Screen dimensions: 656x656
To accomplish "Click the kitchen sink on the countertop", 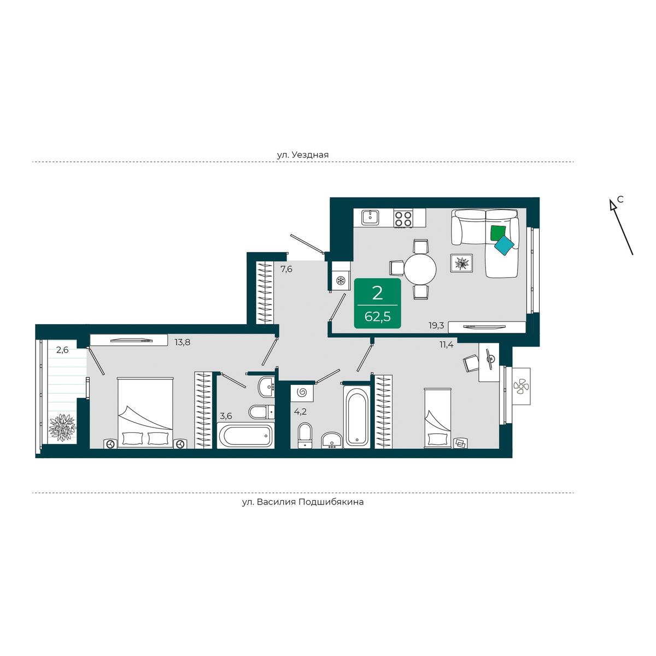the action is tap(370, 217).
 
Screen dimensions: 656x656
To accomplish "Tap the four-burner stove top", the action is tap(403, 218).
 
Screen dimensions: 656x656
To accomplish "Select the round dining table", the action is tap(420, 270).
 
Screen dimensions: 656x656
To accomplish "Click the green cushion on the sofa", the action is tap(497, 232).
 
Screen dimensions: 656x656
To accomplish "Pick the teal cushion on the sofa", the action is tap(504, 245).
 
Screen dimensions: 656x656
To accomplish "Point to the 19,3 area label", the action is tap(436, 325).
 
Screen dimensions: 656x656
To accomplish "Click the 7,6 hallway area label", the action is tap(286, 270).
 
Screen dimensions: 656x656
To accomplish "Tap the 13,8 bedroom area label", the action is tap(183, 342).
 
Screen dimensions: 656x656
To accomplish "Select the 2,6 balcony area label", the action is tap(62, 350).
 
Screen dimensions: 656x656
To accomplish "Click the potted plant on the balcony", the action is tap(62, 427).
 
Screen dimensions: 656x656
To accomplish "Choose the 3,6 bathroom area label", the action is tap(226, 415).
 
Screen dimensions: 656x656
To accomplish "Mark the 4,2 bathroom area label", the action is tap(301, 412).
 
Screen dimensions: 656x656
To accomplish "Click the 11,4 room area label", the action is tap(447, 344).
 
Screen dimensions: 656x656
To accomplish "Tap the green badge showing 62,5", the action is tap(378, 303).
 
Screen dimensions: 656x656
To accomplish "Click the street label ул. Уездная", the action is tap(303, 155).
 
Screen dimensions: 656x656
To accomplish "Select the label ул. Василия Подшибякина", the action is tap(303, 502).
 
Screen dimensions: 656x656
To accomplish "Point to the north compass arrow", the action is tap(621, 227).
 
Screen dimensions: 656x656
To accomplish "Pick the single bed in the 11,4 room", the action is tap(437, 418).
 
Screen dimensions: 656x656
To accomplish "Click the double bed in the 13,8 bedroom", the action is tap(145, 412).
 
